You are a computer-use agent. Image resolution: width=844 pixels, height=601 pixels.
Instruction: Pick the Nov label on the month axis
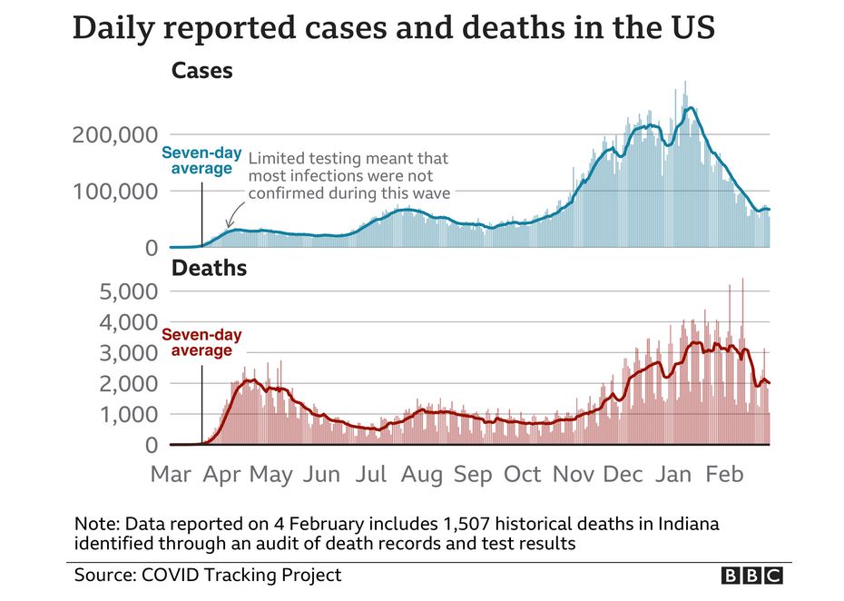[x=574, y=474]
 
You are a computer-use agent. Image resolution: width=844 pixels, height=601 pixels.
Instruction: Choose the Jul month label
[x=371, y=474]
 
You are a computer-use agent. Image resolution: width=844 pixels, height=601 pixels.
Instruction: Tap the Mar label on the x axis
[x=171, y=474]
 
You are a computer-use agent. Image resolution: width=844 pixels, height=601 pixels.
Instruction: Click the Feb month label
[x=724, y=474]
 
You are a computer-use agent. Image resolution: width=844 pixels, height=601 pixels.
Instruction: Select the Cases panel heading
[x=201, y=71]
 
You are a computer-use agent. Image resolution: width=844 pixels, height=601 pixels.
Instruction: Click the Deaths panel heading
[x=210, y=268]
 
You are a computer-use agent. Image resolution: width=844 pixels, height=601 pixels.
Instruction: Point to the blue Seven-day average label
[x=197, y=161]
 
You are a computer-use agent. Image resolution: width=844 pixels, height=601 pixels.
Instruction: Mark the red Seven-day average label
[x=197, y=342]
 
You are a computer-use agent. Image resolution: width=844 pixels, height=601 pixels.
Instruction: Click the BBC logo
[x=752, y=576]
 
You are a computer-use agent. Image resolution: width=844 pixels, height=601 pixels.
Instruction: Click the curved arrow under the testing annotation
[x=231, y=214]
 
